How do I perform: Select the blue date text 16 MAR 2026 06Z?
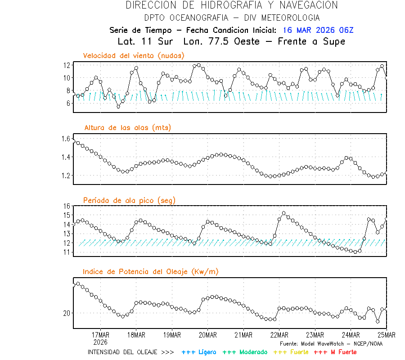click(318, 30)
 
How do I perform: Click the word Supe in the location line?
click(334, 41)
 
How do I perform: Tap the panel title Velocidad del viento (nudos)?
click(134, 55)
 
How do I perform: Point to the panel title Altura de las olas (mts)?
click(127, 128)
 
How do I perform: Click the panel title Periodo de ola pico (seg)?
click(129, 200)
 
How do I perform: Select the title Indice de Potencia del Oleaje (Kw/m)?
click(151, 271)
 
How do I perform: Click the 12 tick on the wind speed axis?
click(67, 65)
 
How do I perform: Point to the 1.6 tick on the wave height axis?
click(66, 139)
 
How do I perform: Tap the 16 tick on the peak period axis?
click(67, 206)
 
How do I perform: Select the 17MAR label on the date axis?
click(100, 335)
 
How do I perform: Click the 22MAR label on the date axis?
click(279, 335)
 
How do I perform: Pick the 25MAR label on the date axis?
click(386, 335)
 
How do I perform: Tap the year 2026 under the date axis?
click(100, 342)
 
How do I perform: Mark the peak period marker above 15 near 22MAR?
click(283, 213)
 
